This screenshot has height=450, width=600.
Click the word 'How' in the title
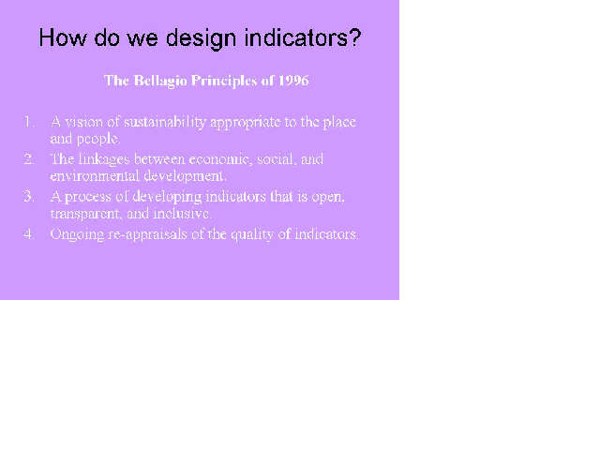[63, 37]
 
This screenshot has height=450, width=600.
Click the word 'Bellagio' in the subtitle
[160, 82]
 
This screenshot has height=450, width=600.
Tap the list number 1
[28, 122]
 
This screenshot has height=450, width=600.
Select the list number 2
[28, 158]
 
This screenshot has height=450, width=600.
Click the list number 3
[28, 196]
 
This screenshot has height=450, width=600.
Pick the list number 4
[28, 233]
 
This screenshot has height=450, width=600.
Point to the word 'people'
[97, 139]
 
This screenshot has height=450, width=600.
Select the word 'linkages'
[104, 159]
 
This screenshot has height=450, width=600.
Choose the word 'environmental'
[95, 176]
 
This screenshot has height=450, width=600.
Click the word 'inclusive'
[182, 213]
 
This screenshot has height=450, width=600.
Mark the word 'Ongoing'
[77, 234]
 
